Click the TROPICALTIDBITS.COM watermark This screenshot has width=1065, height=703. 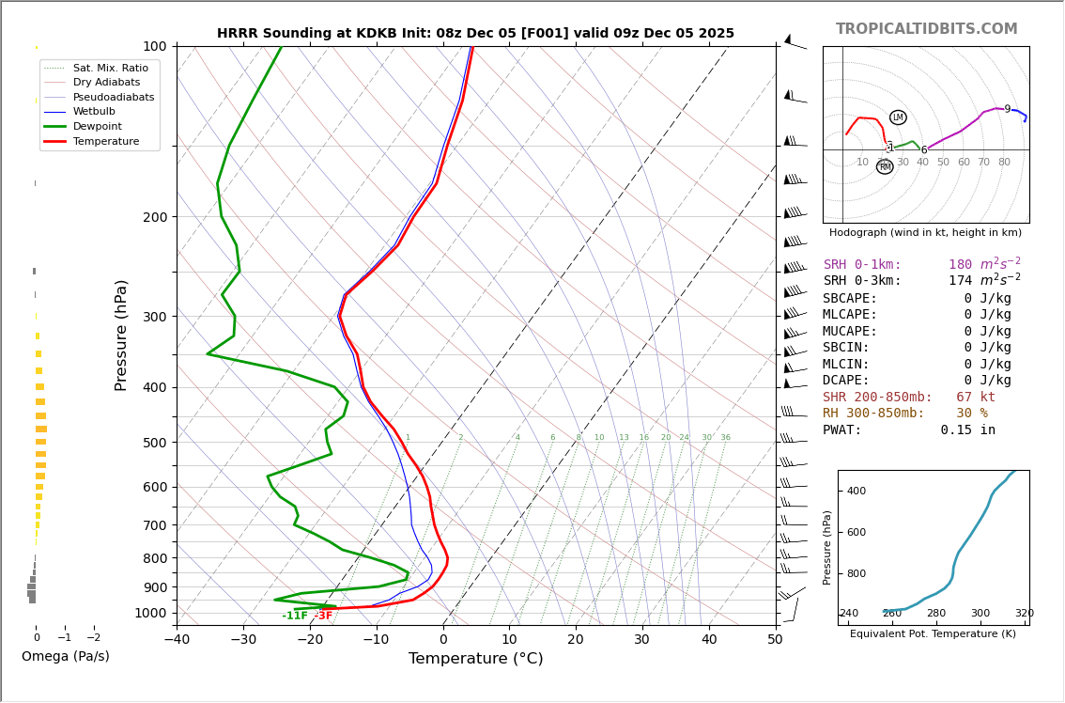pyautogui.click(x=926, y=29)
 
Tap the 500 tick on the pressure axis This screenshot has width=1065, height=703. pyautogui.click(x=154, y=443)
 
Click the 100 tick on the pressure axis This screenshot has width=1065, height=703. pyautogui.click(x=154, y=46)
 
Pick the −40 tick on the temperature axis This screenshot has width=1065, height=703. pyautogui.click(x=177, y=640)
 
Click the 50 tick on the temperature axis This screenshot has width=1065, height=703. pyautogui.click(x=775, y=640)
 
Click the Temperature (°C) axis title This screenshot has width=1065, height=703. pyautogui.click(x=475, y=659)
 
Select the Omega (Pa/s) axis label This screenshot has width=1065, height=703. pyautogui.click(x=65, y=656)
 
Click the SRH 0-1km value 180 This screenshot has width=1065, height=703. pyautogui.click(x=960, y=265)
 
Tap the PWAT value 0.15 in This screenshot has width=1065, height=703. pyautogui.click(x=967, y=430)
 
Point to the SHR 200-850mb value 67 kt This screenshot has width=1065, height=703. pyautogui.click(x=975, y=398)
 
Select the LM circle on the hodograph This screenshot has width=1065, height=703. pyautogui.click(x=898, y=117)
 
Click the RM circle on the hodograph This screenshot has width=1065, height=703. pyautogui.click(x=885, y=166)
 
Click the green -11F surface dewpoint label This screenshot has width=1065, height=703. pyautogui.click(x=295, y=616)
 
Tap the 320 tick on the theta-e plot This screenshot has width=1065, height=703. pyautogui.click(x=1024, y=614)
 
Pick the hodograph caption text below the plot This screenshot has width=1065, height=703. pyautogui.click(x=925, y=233)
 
